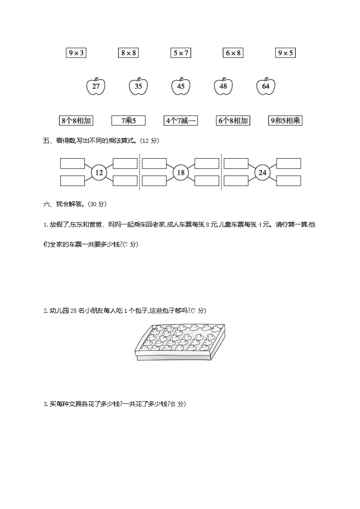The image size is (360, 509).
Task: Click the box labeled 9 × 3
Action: (76, 53)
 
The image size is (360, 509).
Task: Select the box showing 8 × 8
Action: (128, 53)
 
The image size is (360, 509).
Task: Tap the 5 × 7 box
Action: (180, 53)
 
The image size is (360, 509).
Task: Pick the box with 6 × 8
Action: (233, 53)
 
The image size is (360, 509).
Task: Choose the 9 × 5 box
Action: (286, 53)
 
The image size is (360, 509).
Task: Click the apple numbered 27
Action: (96, 86)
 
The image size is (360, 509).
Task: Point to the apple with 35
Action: (138, 86)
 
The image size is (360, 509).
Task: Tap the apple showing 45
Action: (181, 86)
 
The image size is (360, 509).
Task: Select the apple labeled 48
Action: (223, 86)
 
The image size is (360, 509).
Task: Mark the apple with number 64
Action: (266, 86)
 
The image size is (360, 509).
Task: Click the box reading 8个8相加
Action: (76, 121)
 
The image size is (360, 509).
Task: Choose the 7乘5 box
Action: (128, 121)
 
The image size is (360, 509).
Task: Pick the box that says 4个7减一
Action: (180, 121)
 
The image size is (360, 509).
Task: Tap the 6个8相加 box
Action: (233, 121)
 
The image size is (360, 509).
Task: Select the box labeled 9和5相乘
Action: (286, 121)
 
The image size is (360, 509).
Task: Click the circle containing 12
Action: (99, 172)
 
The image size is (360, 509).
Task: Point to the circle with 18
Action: (180, 172)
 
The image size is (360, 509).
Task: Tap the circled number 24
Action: (262, 172)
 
